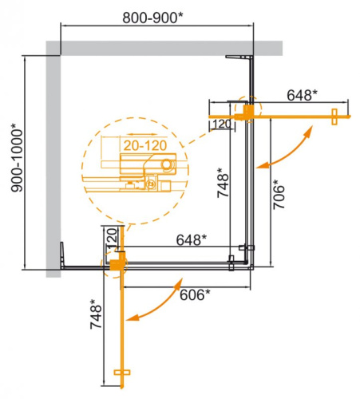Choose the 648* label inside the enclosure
[192, 239]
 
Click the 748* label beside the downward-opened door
[95, 317]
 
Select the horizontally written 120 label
[222, 124]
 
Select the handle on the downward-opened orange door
[123, 373]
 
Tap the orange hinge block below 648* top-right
[250, 111]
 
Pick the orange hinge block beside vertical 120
[120, 261]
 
